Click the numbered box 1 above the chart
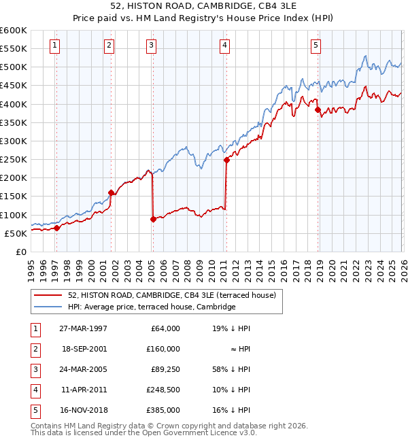[x=54, y=46]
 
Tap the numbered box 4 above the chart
[x=224, y=46]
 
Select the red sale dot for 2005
[x=153, y=219]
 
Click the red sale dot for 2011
[x=226, y=160]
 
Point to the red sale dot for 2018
[x=318, y=109]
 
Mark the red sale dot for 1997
[x=57, y=228]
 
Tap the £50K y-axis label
[x=16, y=233]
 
